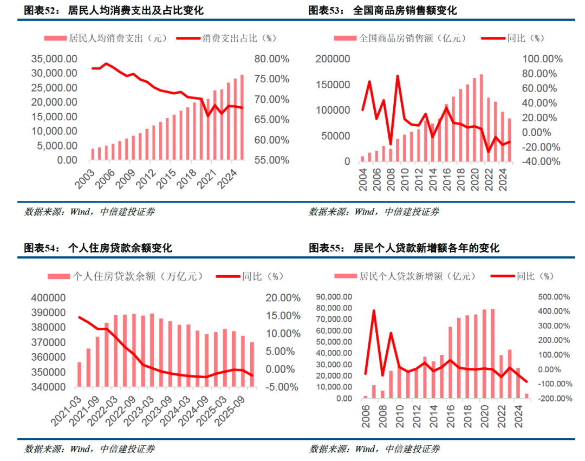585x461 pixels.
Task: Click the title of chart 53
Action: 382,10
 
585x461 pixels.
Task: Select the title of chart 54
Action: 98,248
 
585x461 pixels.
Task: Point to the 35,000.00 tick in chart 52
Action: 54,59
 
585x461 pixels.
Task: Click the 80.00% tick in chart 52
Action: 274,59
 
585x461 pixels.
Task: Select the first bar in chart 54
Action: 79,374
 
